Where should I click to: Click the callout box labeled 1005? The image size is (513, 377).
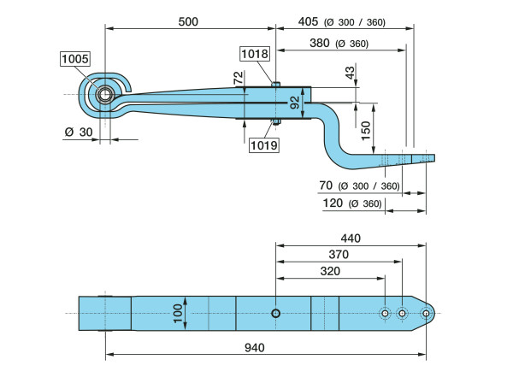click(75, 59)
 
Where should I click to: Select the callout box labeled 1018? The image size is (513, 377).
click(255, 54)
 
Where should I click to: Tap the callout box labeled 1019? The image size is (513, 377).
click(264, 145)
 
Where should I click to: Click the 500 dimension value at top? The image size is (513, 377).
click(189, 21)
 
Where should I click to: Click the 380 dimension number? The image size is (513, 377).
click(319, 44)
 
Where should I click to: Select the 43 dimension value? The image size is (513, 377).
click(350, 74)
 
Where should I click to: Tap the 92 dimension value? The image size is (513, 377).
click(295, 103)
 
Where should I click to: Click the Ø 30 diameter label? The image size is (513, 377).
click(76, 132)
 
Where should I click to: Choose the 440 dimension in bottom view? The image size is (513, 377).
click(351, 238)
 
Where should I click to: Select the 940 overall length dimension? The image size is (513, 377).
click(255, 347)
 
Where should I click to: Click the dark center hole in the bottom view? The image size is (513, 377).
click(276, 314)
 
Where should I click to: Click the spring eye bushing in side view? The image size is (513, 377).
click(104, 94)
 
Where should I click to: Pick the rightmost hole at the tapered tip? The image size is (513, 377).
click(426, 314)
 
